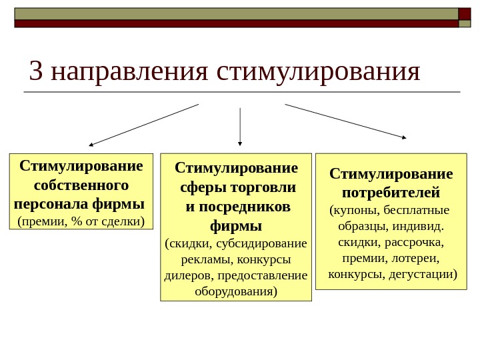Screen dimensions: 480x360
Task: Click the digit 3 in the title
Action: [x=36, y=71]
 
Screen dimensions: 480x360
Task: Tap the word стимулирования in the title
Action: [x=319, y=71]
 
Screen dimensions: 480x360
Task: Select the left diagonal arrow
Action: [x=144, y=125]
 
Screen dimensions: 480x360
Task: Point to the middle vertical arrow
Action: [x=240, y=126]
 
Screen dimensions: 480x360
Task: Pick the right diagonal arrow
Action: [x=345, y=121]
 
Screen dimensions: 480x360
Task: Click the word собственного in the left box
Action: [x=81, y=184]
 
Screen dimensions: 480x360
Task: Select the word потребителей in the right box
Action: [x=391, y=193]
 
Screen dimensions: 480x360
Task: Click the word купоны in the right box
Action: [x=356, y=211]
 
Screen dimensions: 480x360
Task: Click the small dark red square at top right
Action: [x=465, y=13]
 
